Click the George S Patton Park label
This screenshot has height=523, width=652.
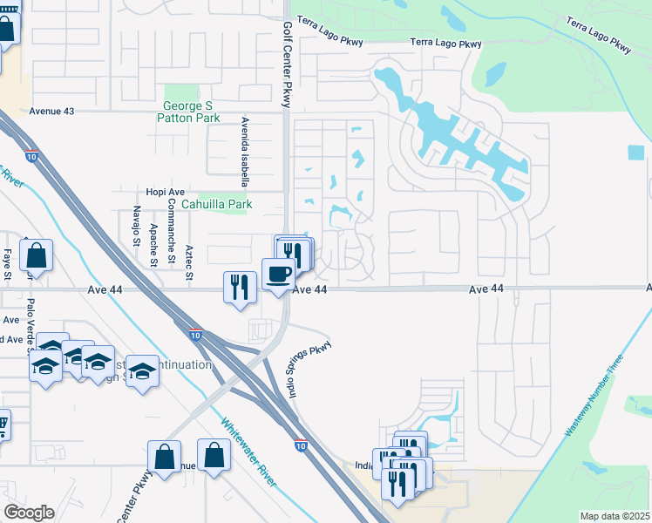[190, 112]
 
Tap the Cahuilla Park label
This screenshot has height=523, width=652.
[217, 205]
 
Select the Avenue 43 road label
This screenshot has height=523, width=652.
[52, 112]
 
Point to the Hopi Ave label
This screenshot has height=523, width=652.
[165, 192]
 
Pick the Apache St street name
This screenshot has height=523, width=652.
[153, 243]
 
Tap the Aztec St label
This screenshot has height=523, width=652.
[188, 263]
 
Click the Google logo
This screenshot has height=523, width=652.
[28, 513]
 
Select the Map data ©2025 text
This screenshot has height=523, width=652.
[615, 516]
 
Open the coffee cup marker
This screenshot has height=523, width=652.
[279, 274]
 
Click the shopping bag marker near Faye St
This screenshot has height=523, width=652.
[36, 256]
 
